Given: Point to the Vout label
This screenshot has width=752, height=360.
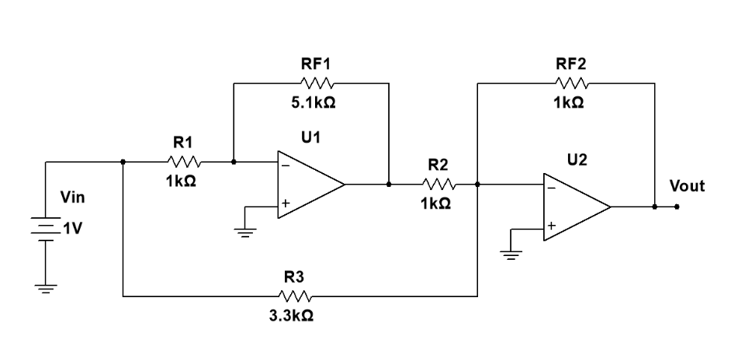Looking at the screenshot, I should (687, 186).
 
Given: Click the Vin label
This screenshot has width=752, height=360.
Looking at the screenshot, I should (72, 199).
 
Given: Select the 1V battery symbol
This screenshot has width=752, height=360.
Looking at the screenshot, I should (46, 230).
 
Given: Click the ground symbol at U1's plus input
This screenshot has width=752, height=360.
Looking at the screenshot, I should (245, 231).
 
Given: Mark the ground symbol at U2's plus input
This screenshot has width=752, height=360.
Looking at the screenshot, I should (511, 254).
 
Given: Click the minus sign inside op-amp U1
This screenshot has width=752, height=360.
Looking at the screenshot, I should (286, 165).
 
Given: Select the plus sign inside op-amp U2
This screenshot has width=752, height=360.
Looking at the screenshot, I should (551, 227).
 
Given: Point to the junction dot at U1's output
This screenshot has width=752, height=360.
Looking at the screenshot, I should (388, 185).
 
